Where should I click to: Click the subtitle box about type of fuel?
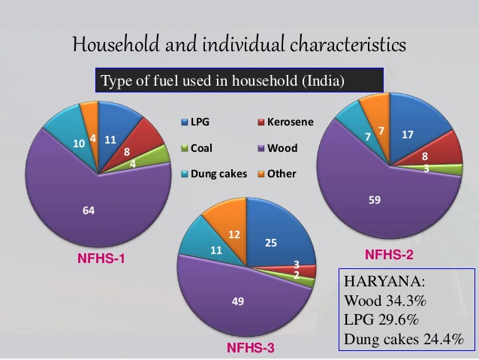coord(239,80)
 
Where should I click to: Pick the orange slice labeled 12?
coord(233,233)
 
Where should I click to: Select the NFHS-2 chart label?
coord(389,255)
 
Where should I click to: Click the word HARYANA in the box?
coord(378,283)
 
